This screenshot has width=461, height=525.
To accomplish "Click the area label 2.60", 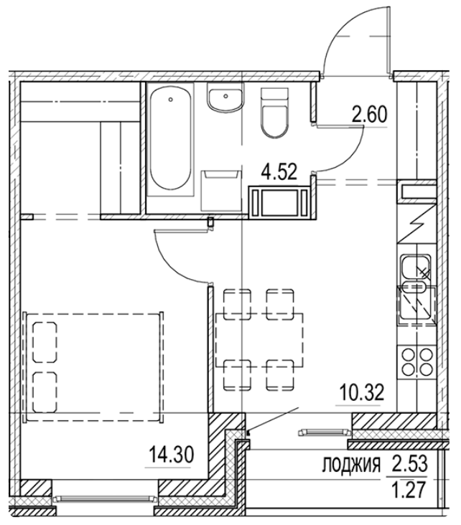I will pos(368,113).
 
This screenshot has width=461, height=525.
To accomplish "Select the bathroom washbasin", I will pos(226,100).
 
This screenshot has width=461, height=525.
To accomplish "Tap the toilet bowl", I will pos(273,115).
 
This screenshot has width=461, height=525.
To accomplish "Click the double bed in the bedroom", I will pos(93,366).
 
